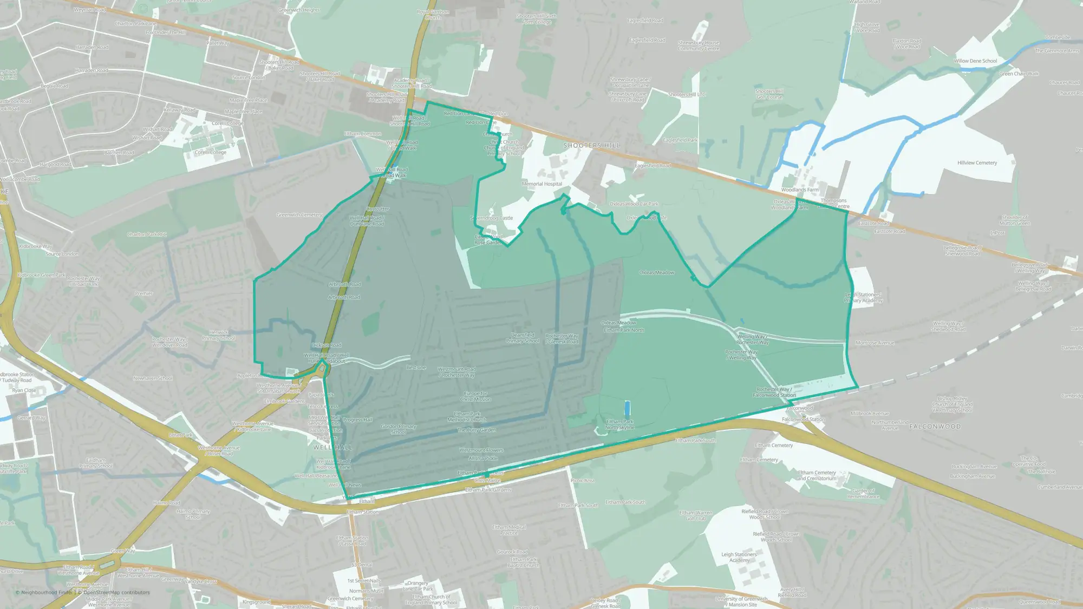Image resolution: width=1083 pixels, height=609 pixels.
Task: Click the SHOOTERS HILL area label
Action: click(591, 146)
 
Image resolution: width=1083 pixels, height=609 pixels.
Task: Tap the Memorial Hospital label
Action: click(541, 184)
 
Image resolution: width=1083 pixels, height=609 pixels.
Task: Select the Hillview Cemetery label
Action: click(977, 163)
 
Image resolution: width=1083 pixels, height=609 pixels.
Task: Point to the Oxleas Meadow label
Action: click(656, 273)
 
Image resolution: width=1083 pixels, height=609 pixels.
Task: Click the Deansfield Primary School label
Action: click(523, 338)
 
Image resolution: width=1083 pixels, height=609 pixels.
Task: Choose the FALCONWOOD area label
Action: click(935, 427)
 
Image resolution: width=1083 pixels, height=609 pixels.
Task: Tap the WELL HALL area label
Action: click(332, 448)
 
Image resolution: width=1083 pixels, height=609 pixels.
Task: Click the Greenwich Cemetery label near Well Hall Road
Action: click(299, 215)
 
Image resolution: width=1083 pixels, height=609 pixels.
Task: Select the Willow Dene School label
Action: click(975, 61)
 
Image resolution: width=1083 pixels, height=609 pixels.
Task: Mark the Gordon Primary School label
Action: click(399, 429)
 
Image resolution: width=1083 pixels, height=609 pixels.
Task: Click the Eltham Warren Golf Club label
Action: click(696, 515)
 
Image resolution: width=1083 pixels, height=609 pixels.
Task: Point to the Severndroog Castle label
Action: click(492, 218)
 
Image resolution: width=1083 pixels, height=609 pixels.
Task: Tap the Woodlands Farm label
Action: click(800, 190)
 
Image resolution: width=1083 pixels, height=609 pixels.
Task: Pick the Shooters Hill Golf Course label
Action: click(769, 94)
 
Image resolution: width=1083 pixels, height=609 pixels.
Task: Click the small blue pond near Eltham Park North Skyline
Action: click(628, 408)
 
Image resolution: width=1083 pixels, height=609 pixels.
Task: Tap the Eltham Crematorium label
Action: click(817, 475)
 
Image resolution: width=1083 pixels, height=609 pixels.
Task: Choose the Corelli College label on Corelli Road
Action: click(211, 153)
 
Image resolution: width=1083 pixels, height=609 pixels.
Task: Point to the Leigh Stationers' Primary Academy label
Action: click(863, 298)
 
